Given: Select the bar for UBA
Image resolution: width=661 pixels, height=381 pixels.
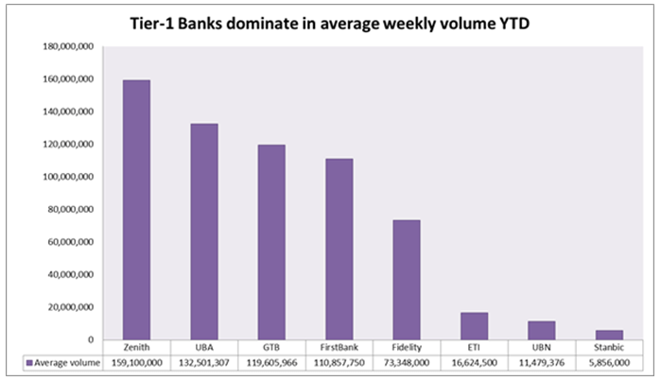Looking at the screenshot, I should [203, 232].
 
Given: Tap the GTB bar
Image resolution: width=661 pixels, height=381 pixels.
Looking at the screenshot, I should [271, 242].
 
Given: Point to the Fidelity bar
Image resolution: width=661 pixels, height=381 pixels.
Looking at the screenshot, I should [407, 280].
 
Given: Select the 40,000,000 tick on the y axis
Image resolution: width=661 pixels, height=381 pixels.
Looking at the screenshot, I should [68, 275].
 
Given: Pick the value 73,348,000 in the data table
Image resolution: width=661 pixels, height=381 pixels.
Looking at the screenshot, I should [407, 361].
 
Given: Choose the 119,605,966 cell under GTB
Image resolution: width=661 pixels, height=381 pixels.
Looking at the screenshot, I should [271, 361].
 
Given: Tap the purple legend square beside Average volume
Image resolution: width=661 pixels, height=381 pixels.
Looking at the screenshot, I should [30, 361].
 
